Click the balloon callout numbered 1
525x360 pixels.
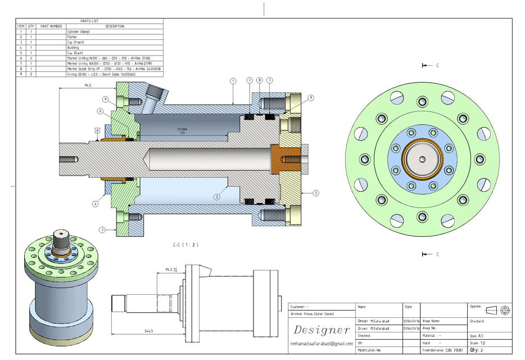click(x=233, y=81)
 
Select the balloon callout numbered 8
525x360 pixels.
click(x=260, y=81)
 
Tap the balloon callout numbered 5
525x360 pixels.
click(x=316, y=193)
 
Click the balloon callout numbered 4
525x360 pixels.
click(x=96, y=204)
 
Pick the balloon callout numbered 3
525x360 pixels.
click(x=102, y=229)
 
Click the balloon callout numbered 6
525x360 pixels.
click(x=100, y=111)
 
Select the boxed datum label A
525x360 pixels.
click(x=97, y=130)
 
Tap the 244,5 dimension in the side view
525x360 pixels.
click(x=148, y=331)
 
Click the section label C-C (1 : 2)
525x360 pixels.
click(x=186, y=245)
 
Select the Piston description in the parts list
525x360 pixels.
click(x=71, y=37)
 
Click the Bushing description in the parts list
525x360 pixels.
click(x=73, y=48)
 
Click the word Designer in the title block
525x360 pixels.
click(x=321, y=330)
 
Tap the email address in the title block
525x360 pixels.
click(x=322, y=343)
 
